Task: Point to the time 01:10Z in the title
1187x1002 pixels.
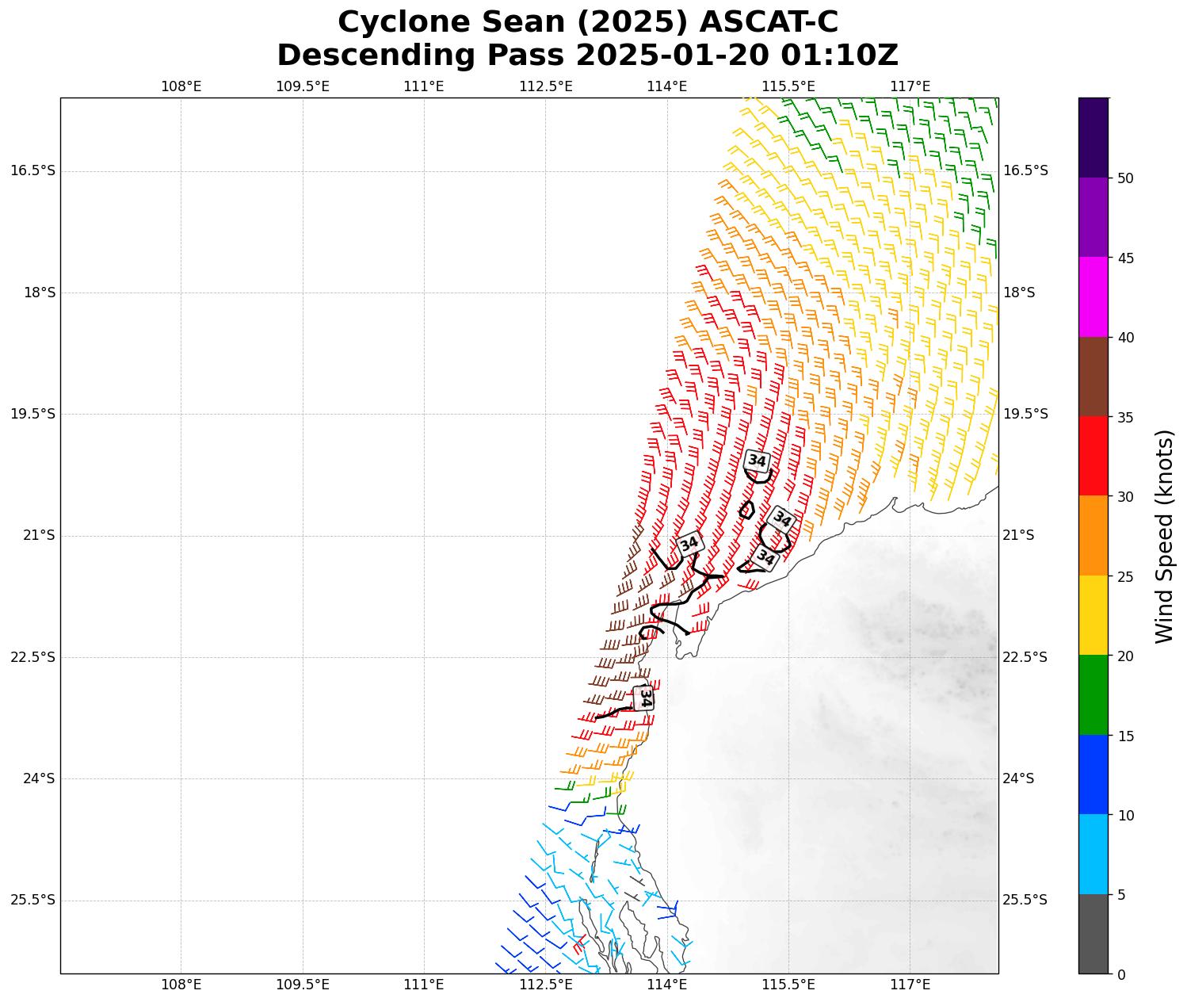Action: [x=839, y=55]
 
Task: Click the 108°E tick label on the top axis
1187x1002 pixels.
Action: [x=181, y=86]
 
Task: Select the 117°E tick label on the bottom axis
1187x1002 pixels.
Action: [x=910, y=985]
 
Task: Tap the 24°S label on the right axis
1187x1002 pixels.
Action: [x=1019, y=778]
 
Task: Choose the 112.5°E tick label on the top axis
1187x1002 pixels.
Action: [x=545, y=86]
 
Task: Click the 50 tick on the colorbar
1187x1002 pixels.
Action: [x=1125, y=178]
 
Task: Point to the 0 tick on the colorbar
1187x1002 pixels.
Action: [x=1120, y=974]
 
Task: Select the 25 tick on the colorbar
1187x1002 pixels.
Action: [x=1125, y=576]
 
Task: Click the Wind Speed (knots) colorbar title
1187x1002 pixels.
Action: [x=1163, y=536]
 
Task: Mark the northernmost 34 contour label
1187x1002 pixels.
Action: [x=757, y=461]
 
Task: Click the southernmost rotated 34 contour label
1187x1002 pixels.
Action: [x=645, y=698]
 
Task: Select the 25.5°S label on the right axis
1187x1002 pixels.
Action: [x=1025, y=900]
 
